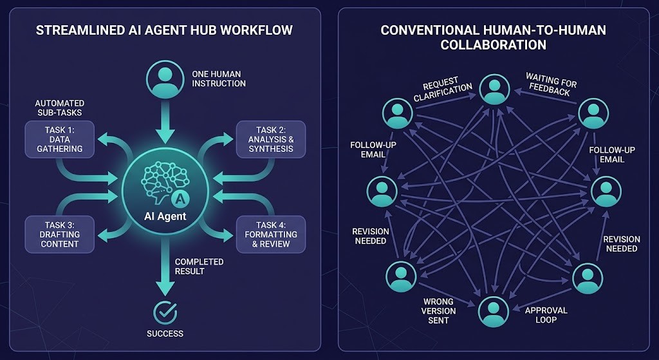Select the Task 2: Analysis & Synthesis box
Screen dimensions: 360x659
point(271,139)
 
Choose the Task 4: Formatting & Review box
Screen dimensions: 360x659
point(271,234)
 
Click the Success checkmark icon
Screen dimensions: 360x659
point(165,312)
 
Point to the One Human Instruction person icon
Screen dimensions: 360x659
point(165,77)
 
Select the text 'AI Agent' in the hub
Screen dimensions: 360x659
point(165,216)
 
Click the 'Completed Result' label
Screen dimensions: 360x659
point(200,267)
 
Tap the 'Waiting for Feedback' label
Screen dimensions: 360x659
point(552,88)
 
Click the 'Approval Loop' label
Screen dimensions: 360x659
point(546,315)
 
